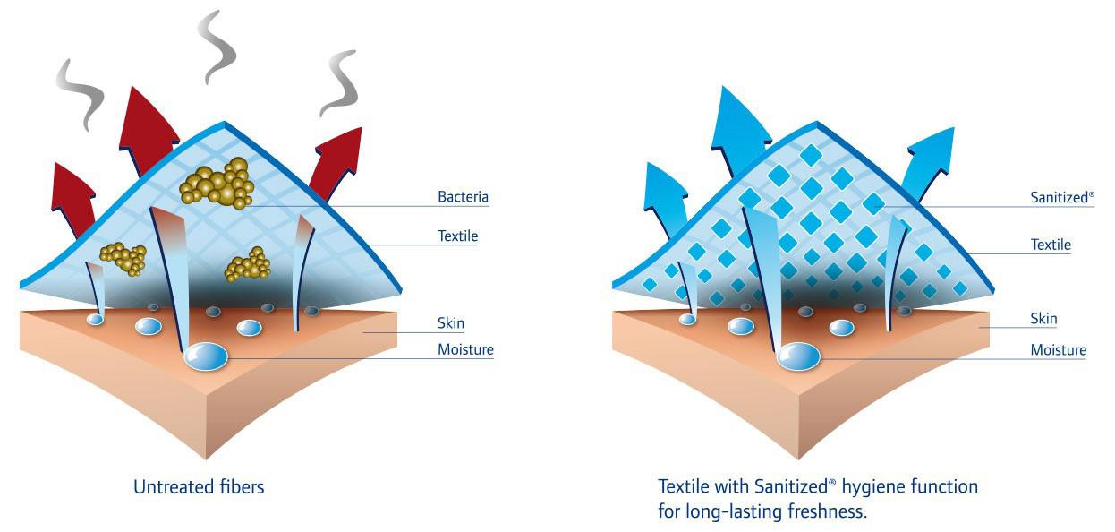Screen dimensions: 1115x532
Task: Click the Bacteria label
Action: pyautogui.click(x=463, y=197)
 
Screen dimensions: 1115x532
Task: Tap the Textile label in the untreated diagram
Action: pyautogui.click(x=457, y=237)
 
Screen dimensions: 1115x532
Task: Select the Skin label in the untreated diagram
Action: pyautogui.click(x=451, y=323)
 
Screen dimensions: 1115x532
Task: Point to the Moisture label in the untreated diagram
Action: pyautogui.click(x=465, y=350)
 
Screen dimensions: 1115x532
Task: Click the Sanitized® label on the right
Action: pyautogui.click(x=1062, y=197)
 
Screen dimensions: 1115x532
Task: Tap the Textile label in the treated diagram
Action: pyautogui.click(x=1051, y=245)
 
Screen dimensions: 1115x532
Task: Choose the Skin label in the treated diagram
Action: pyautogui.click(x=1043, y=319)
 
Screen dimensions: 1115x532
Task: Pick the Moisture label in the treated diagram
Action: pyautogui.click(x=1058, y=350)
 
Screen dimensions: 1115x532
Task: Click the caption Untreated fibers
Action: pyautogui.click(x=199, y=488)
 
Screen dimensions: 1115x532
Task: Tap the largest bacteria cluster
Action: pyautogui.click(x=218, y=183)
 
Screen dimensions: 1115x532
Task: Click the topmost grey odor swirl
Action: pyautogui.click(x=217, y=45)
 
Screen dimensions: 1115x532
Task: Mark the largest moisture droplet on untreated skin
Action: pyautogui.click(x=206, y=356)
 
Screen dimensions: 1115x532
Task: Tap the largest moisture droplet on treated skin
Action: pyautogui.click(x=798, y=356)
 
